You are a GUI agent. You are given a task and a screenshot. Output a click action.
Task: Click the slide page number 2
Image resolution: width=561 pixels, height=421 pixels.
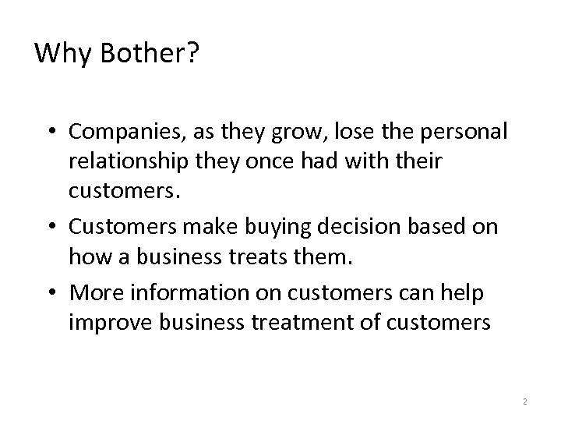coord(525,402)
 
